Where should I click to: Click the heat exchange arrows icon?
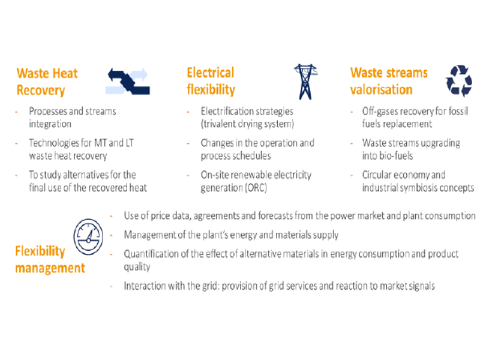click(x=128, y=82)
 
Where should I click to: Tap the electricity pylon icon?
click(x=305, y=82)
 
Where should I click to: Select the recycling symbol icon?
click(x=459, y=81)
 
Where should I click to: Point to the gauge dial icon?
click(x=88, y=237)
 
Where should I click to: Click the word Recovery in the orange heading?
click(x=41, y=91)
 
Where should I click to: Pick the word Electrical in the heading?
click(x=211, y=73)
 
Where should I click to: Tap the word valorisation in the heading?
click(x=382, y=89)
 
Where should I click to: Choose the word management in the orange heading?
click(x=50, y=268)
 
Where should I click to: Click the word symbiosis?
click(x=419, y=188)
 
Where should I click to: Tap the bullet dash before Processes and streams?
click(x=17, y=112)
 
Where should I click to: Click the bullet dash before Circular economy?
click(x=352, y=176)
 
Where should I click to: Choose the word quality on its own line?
click(x=137, y=267)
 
